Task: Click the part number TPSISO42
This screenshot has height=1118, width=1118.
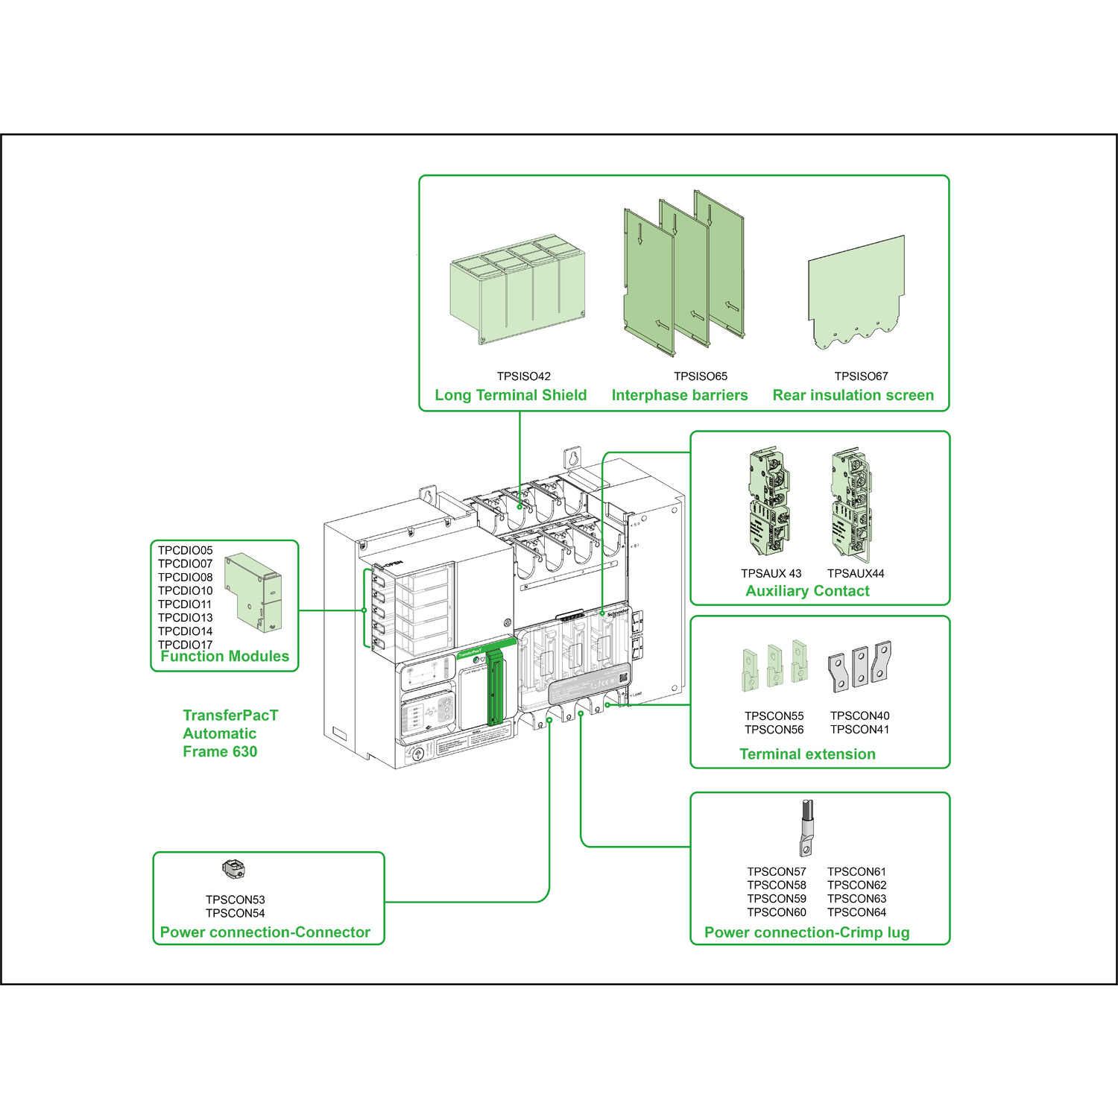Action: tap(523, 376)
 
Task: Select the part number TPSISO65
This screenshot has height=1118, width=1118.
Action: tap(700, 376)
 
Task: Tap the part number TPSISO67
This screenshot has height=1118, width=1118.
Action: tap(861, 376)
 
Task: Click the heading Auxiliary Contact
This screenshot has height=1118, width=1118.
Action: tap(807, 591)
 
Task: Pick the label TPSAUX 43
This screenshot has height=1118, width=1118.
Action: tap(771, 573)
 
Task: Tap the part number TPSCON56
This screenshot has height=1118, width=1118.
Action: tap(774, 730)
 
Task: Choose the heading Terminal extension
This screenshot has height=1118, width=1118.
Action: tap(807, 754)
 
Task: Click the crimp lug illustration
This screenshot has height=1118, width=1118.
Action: tap(806, 828)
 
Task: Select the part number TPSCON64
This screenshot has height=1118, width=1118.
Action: tap(856, 912)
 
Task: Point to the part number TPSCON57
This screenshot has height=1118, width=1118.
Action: tap(776, 871)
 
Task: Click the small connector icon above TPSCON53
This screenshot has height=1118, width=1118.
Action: tap(233, 868)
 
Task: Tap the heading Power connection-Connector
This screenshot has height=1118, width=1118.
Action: tap(265, 932)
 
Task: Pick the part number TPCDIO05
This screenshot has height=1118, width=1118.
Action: tap(185, 551)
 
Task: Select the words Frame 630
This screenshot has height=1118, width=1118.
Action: tap(220, 751)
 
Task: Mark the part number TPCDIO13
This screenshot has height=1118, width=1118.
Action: tap(185, 618)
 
